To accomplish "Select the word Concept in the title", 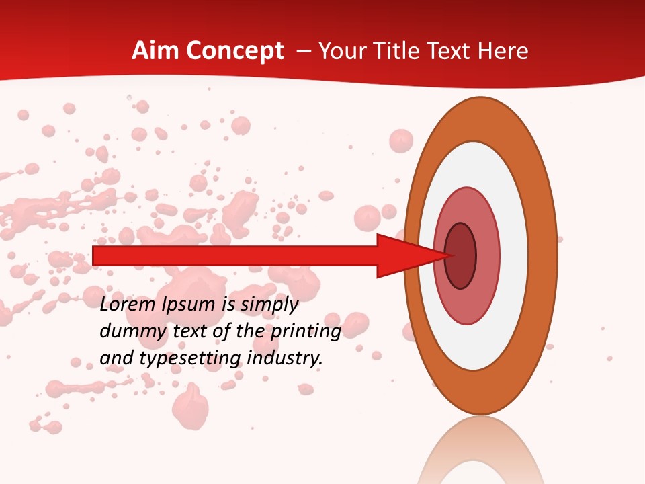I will (235, 51).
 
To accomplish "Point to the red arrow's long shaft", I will (235, 256).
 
